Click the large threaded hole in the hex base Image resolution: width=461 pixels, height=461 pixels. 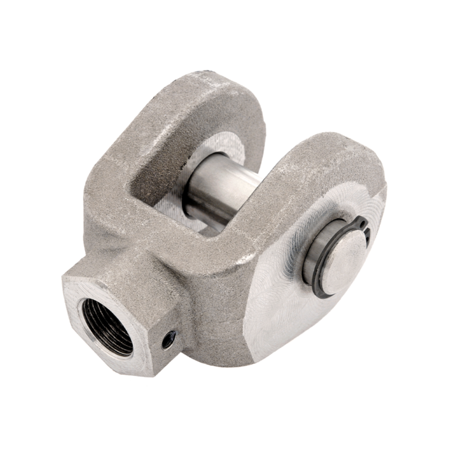[108, 326]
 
